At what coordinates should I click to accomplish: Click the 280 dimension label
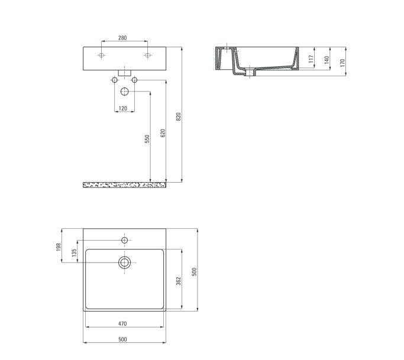[122, 38]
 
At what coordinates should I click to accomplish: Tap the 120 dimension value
[122, 108]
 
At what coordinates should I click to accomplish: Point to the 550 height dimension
[147, 139]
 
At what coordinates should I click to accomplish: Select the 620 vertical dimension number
[163, 133]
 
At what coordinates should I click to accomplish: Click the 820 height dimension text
[178, 116]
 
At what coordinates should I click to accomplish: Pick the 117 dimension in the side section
[311, 59]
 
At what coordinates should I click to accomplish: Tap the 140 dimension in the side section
[327, 60]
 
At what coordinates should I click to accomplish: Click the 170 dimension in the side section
[342, 63]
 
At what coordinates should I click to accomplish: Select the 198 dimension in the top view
[59, 247]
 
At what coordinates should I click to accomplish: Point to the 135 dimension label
[74, 252]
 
